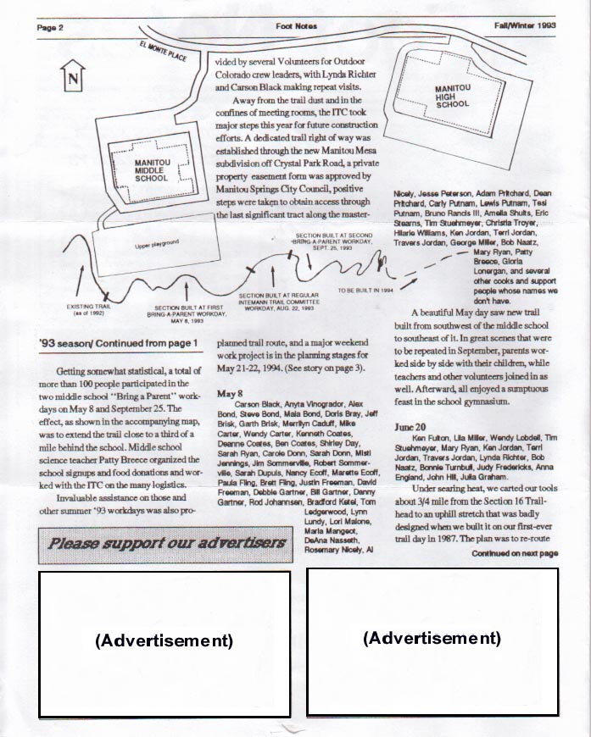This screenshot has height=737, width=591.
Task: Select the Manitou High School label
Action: (452, 96)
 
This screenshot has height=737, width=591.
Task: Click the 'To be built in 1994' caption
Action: (366, 291)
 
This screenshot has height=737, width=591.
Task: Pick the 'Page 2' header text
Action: (51, 27)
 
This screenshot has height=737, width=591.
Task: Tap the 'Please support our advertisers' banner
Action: (167, 543)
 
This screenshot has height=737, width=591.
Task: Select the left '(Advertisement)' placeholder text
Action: (164, 641)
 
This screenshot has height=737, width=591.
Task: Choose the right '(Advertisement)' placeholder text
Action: (432, 638)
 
